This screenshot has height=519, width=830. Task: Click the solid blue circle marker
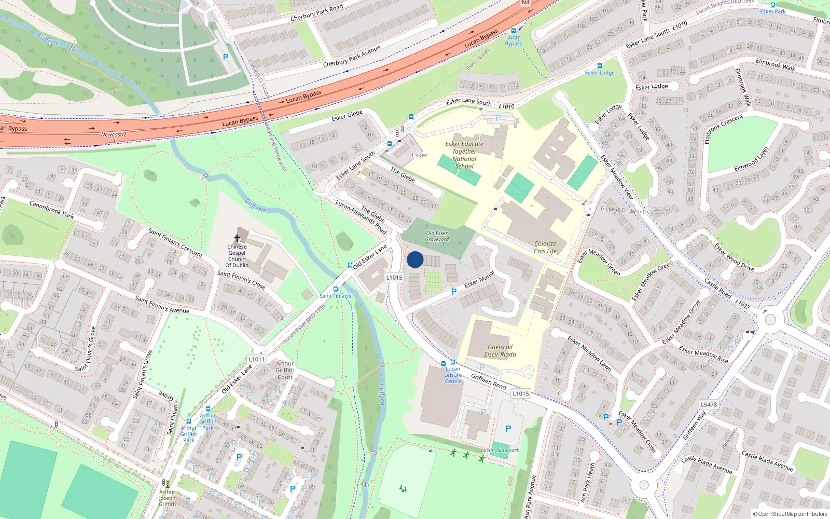[x=415, y=259]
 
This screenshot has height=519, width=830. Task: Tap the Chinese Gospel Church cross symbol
[x=237, y=238]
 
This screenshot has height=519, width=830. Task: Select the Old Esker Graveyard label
[x=437, y=236]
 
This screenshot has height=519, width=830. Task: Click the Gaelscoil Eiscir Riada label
[x=500, y=351]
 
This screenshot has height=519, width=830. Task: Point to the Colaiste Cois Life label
[x=545, y=248]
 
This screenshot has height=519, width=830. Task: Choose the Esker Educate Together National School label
[x=464, y=155]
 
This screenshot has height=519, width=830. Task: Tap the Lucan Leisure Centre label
[x=452, y=375]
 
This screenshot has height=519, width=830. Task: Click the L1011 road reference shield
[x=257, y=359]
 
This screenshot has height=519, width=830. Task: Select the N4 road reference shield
[x=525, y=3]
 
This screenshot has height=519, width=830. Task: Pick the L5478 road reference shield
[x=709, y=404]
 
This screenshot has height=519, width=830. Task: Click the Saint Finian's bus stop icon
[x=336, y=289]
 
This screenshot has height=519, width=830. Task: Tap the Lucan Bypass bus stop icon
[x=514, y=31]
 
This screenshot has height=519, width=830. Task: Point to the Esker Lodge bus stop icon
[x=600, y=66]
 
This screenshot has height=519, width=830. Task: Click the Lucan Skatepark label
[x=500, y=450]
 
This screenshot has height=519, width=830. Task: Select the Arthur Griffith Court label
[x=285, y=370]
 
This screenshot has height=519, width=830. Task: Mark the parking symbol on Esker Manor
[x=454, y=292]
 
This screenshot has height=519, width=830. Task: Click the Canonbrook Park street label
[x=51, y=209]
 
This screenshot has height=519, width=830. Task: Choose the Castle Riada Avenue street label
[x=767, y=461]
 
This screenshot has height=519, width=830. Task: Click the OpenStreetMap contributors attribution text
[x=790, y=514]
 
